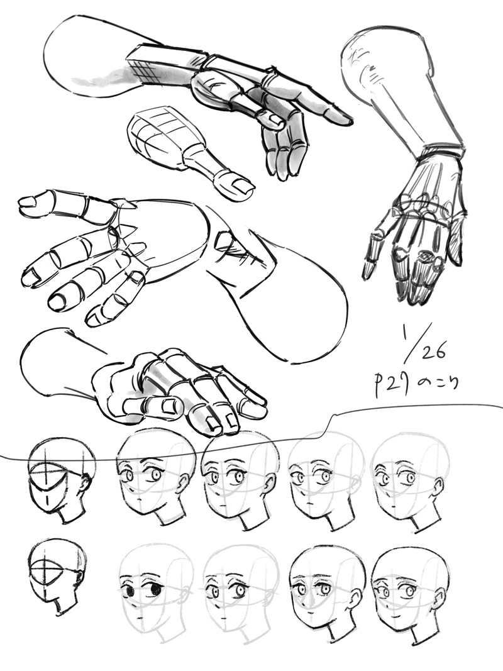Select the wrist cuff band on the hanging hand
pos(443,152)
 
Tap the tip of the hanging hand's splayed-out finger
pos(367,272)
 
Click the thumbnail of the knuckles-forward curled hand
pos(169,406)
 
